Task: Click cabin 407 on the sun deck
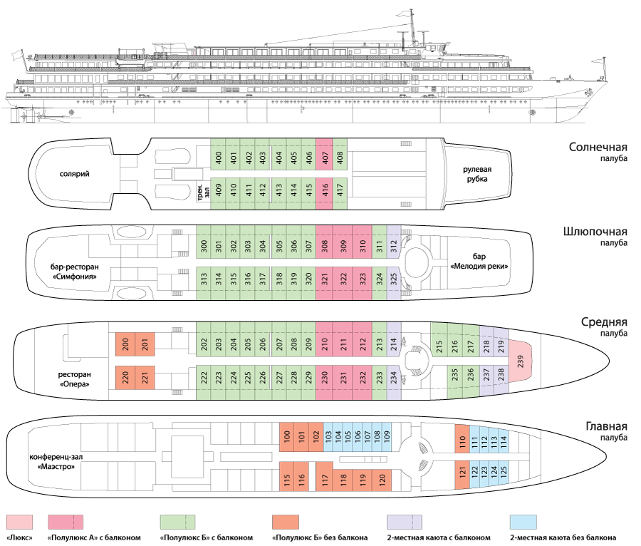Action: pyautogui.click(x=324, y=158)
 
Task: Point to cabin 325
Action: pyautogui.click(x=394, y=277)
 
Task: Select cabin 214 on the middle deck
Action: pyautogui.click(x=394, y=343)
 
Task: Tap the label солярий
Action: pyautogui.click(x=74, y=173)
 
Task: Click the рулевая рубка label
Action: pyautogui.click(x=478, y=173)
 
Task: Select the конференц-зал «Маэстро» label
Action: pyautogui.click(x=53, y=461)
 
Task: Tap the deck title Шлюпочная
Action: pyautogui.click(x=594, y=232)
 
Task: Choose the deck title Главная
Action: pyautogui.click(x=603, y=426)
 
